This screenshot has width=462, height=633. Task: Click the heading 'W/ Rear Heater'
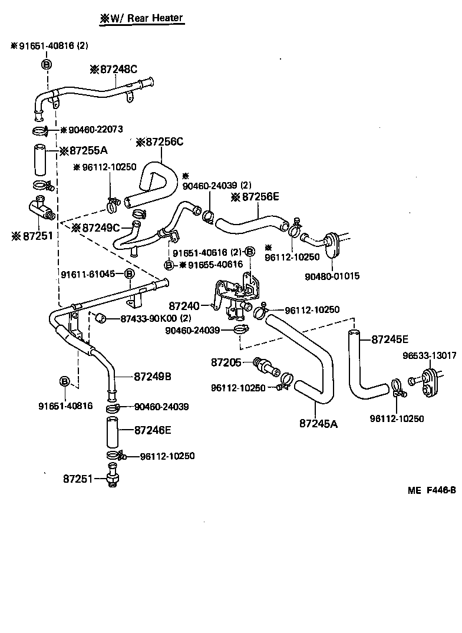click(142, 18)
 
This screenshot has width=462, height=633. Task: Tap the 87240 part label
click(186, 306)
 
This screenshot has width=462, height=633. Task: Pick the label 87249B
click(152, 376)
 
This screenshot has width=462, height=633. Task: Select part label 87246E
click(153, 430)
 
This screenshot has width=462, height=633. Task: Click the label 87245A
click(318, 423)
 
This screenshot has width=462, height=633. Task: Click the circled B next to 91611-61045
click(129, 274)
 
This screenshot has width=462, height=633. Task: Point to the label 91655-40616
click(211, 265)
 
